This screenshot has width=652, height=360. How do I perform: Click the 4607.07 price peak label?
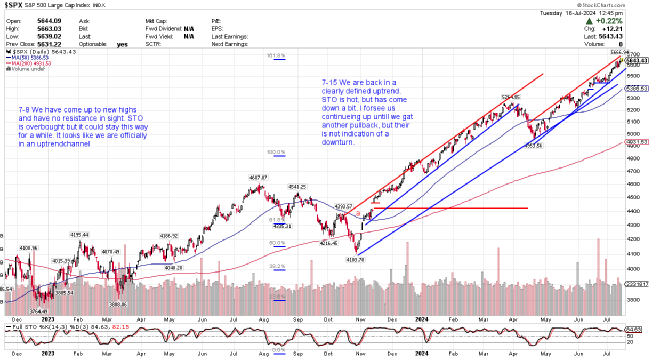pyautogui.click(x=257, y=178)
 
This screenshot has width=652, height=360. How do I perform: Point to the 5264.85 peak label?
pyautogui.click(x=510, y=97)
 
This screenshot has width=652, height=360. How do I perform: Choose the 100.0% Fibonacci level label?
pyautogui.click(x=277, y=153)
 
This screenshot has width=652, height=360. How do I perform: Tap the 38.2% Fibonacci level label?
pyautogui.click(x=277, y=266)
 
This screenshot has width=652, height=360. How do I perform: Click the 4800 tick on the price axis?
pyautogui.click(x=633, y=158)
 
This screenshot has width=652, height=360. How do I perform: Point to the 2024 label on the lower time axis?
pyautogui.click(x=422, y=353)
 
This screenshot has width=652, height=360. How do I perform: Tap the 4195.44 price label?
pyautogui.click(x=79, y=235)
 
